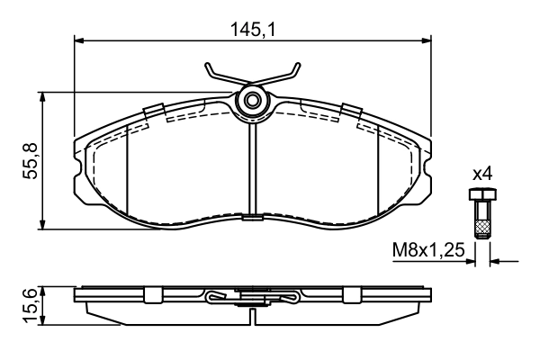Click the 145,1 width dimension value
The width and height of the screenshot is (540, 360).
[x=252, y=29]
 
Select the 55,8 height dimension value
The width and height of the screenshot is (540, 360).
[x=29, y=160]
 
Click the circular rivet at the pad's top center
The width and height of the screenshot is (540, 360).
[x=252, y=101]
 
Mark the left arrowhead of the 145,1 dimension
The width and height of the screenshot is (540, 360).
[x=78, y=40]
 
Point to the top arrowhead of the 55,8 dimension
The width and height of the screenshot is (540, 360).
[x=43, y=97]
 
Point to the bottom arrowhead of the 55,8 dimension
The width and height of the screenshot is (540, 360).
[x=43, y=224]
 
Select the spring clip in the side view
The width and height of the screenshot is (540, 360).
[x=252, y=298]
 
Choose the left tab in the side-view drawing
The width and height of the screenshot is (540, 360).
[x=153, y=294]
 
